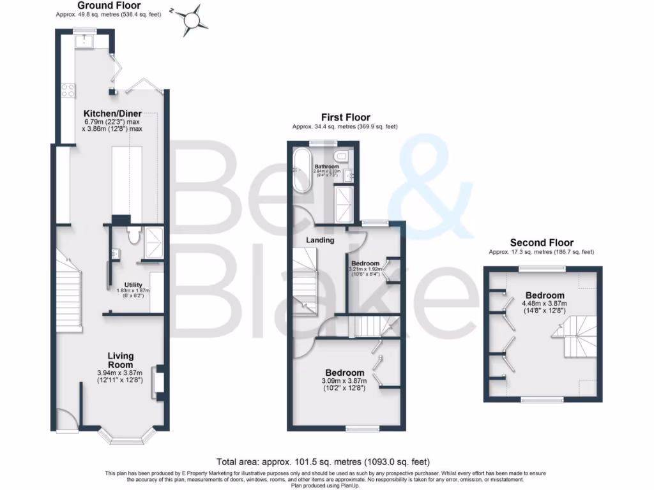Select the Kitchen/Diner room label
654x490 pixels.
coord(112,113)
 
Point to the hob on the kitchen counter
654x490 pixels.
coord(67,91)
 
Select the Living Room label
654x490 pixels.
coord(120,360)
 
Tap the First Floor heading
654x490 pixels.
coord(345,117)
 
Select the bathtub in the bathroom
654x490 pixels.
coord(301,170)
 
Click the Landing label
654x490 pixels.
coord(320,241)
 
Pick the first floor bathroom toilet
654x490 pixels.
coord(342,154)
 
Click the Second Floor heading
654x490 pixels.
coord(542,242)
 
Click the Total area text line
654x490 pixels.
coord(323,461)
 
